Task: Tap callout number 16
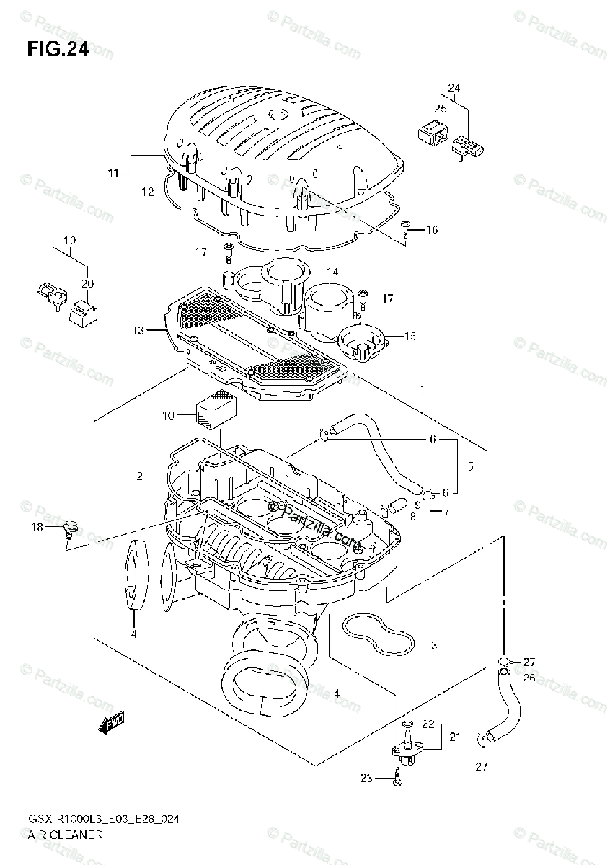[x=431, y=230]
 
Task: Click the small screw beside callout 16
[x=407, y=227]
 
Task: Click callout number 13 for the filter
[x=138, y=330]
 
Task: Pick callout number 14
[x=332, y=272]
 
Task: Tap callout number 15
[x=410, y=336]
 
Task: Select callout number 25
[x=440, y=108]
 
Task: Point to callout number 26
[x=529, y=677]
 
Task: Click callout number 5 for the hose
[x=469, y=466]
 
